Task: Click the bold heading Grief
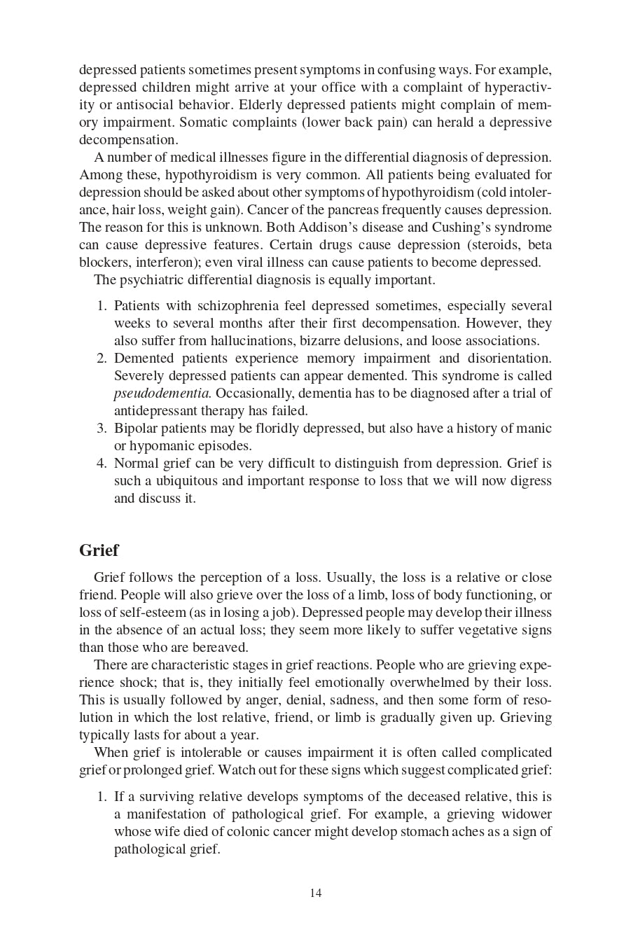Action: click(x=99, y=550)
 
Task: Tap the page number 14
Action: click(x=315, y=893)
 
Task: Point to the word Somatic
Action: click(x=204, y=123)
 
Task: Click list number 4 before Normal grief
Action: click(x=102, y=464)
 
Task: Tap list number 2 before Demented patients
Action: click(x=102, y=359)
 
